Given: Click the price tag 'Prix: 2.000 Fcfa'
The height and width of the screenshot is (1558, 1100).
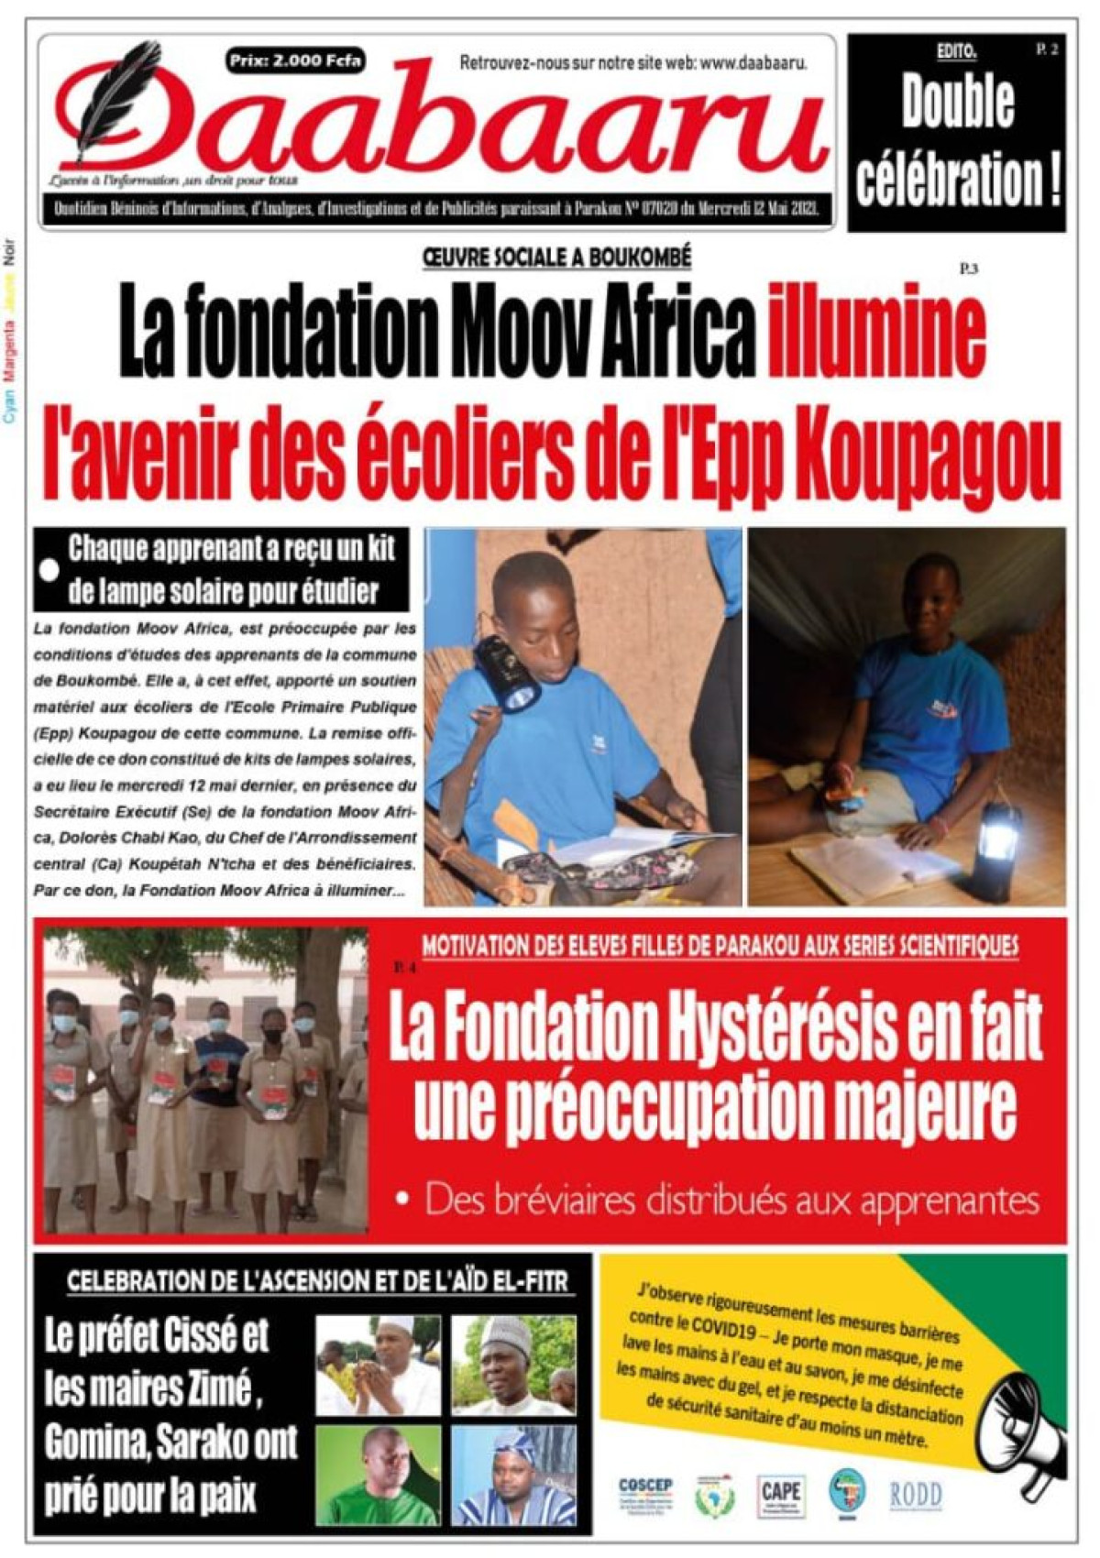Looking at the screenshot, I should coord(295,61).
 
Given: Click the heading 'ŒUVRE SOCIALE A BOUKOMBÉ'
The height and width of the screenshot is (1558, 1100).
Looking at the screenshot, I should coord(556,258).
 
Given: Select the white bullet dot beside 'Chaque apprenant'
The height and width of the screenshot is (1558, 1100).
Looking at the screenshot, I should coord(49,570).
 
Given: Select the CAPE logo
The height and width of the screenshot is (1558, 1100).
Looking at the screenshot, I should coord(780,1495).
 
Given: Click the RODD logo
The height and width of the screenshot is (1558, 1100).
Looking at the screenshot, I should coord(915,1495).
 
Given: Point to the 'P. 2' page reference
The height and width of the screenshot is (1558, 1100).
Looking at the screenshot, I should coord(1047,50).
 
